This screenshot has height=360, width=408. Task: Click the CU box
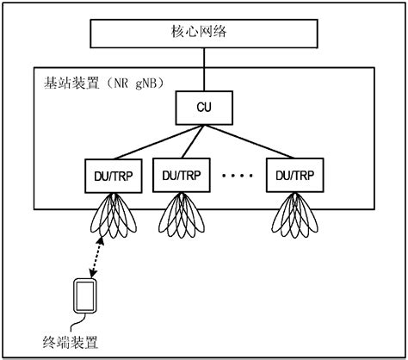[x=203, y=109]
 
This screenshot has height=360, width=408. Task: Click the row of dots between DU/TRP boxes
[x=238, y=176]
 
